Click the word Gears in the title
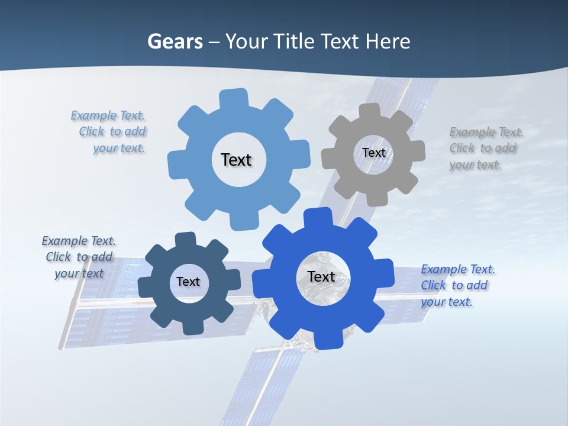(x=175, y=41)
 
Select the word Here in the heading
(x=388, y=41)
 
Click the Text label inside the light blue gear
(x=236, y=160)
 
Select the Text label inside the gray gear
(x=373, y=153)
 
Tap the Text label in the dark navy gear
(x=188, y=282)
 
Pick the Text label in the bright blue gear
(x=321, y=276)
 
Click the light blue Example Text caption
(x=109, y=132)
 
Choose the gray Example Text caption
(x=486, y=148)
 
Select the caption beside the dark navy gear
(x=78, y=257)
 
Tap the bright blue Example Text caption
(x=457, y=285)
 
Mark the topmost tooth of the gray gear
(x=369, y=111)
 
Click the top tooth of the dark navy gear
(x=185, y=240)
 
